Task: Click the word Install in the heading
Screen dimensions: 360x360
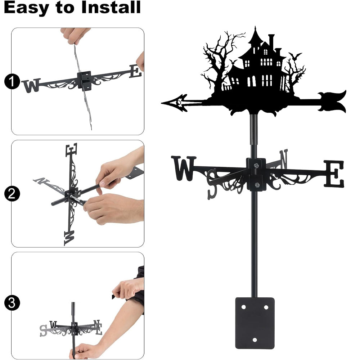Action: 111,7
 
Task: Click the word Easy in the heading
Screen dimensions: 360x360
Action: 27,8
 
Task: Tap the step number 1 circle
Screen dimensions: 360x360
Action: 12,81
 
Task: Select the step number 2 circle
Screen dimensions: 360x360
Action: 12,194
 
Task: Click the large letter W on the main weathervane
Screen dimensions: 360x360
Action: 184,168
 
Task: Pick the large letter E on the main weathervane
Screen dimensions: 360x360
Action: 334,174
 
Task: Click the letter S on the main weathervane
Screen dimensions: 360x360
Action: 212,184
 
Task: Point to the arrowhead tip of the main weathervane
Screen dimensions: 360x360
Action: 162,103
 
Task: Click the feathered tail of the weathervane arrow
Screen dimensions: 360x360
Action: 332,102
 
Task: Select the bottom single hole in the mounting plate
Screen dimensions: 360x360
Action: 255,340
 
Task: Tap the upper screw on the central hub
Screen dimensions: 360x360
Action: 256,165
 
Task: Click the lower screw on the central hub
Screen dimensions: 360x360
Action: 257,185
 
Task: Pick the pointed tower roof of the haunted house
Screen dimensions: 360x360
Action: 255,36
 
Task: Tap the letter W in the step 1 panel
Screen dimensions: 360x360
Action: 31,85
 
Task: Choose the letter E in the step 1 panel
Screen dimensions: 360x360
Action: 135,71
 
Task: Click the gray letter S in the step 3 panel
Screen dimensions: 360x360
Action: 43,330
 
